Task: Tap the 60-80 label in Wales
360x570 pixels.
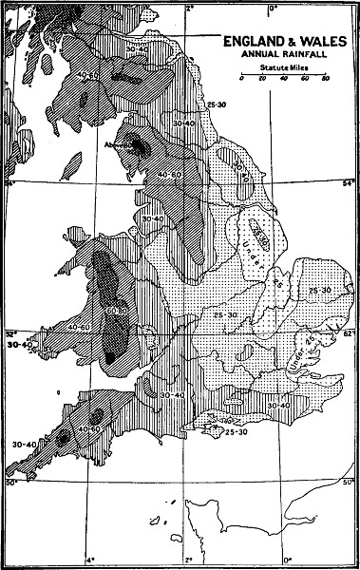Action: pyautogui.click(x=117, y=311)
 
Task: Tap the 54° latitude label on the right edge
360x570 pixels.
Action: pyautogui.click(x=348, y=182)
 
